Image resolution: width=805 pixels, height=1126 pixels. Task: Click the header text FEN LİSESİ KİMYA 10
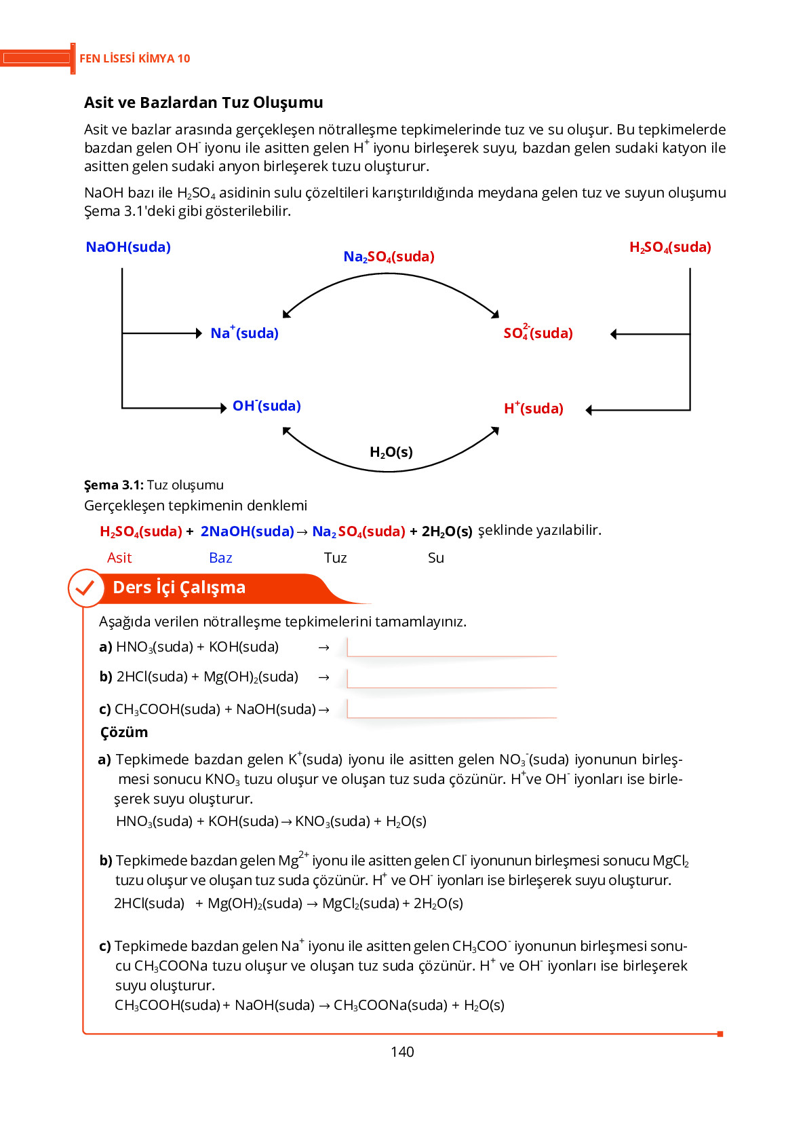coord(134,58)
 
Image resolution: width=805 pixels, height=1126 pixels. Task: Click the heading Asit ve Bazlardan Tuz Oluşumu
coord(203,102)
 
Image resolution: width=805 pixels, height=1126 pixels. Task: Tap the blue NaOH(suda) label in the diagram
coord(128,247)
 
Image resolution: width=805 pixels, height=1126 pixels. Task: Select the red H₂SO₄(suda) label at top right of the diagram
coord(670,247)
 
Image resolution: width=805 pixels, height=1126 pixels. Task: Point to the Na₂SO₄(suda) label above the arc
coord(389,257)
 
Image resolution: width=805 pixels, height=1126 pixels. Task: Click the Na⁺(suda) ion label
coord(244,333)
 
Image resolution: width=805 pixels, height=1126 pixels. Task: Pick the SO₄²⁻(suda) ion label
coord(538,333)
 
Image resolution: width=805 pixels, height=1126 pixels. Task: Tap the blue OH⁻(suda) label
coord(267,406)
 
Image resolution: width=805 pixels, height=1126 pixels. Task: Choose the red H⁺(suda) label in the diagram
coord(533,409)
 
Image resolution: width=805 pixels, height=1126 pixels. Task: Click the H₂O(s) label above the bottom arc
coord(391,452)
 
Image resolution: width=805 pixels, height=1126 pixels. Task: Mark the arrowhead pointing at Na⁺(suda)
coord(199,333)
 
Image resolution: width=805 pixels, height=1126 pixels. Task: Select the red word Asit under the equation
coord(119,558)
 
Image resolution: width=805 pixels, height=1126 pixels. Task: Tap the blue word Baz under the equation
coord(220,558)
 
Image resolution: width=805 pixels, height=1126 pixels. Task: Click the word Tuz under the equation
coord(335,558)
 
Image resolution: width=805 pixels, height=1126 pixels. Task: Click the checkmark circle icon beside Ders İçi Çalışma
coord(85,588)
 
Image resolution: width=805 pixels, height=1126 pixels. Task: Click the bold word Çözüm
coord(124,732)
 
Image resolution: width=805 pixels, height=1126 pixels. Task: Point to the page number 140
coord(402,1052)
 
